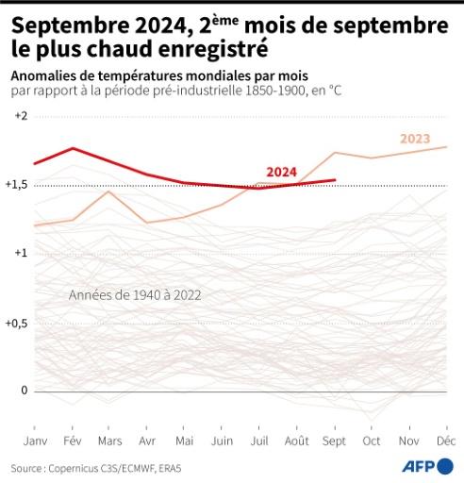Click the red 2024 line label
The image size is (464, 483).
(281, 172)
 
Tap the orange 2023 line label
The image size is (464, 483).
(415, 139)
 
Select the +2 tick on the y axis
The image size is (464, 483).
(21, 116)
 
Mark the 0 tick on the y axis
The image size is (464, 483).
(25, 391)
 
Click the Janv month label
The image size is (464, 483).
(34, 441)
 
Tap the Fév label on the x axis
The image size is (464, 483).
(73, 441)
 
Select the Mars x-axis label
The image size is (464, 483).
(110, 441)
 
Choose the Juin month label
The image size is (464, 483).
(223, 441)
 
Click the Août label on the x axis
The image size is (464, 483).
(296, 441)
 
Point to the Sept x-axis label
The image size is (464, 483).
(335, 441)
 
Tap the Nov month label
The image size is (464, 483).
(409, 441)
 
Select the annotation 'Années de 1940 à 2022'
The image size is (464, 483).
(135, 295)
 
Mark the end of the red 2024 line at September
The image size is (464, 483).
(335, 179)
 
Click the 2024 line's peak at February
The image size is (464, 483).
(73, 148)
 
